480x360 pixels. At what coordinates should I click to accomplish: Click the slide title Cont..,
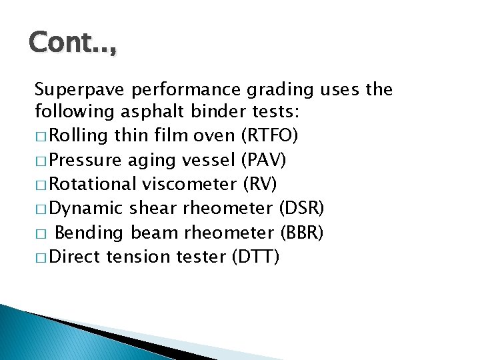coord(71,43)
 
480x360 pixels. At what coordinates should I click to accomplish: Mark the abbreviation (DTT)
coord(255,256)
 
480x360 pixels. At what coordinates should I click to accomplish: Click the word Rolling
coord(73,136)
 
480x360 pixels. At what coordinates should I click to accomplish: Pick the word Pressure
coord(82,160)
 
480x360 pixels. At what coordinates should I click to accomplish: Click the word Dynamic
coord(81,208)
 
